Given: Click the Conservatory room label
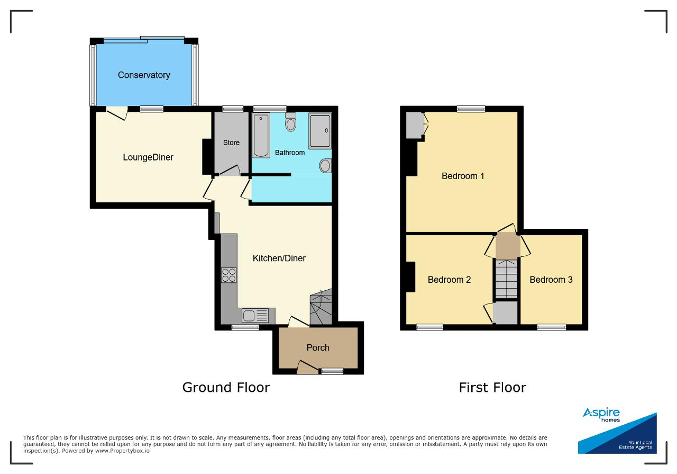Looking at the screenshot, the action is [x=144, y=75].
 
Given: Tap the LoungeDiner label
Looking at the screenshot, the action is [x=148, y=157].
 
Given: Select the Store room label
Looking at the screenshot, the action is [x=231, y=142].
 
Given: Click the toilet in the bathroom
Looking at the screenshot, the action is [x=290, y=122].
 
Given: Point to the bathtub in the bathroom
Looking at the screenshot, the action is [x=261, y=135].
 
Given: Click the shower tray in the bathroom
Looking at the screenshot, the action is [x=320, y=131].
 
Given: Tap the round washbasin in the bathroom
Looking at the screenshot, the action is [x=325, y=166].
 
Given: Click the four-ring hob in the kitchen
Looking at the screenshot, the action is [x=229, y=275].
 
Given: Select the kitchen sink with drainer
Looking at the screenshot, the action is [x=255, y=316].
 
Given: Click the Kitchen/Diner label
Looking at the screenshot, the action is [x=279, y=258].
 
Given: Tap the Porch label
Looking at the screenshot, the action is [x=318, y=348].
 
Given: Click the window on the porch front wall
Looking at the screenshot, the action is [x=332, y=371].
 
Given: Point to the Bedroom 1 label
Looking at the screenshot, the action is [x=463, y=176].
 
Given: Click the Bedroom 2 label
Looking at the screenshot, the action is [x=449, y=280].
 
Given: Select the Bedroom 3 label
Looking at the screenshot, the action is [x=551, y=280].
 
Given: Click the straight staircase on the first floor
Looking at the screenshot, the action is [x=507, y=279].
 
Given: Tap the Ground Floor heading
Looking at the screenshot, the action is [x=226, y=388].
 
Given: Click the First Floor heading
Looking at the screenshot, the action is [x=492, y=388].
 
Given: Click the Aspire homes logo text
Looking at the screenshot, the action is [x=601, y=415].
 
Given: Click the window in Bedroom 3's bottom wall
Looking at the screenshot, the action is [x=552, y=327].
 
